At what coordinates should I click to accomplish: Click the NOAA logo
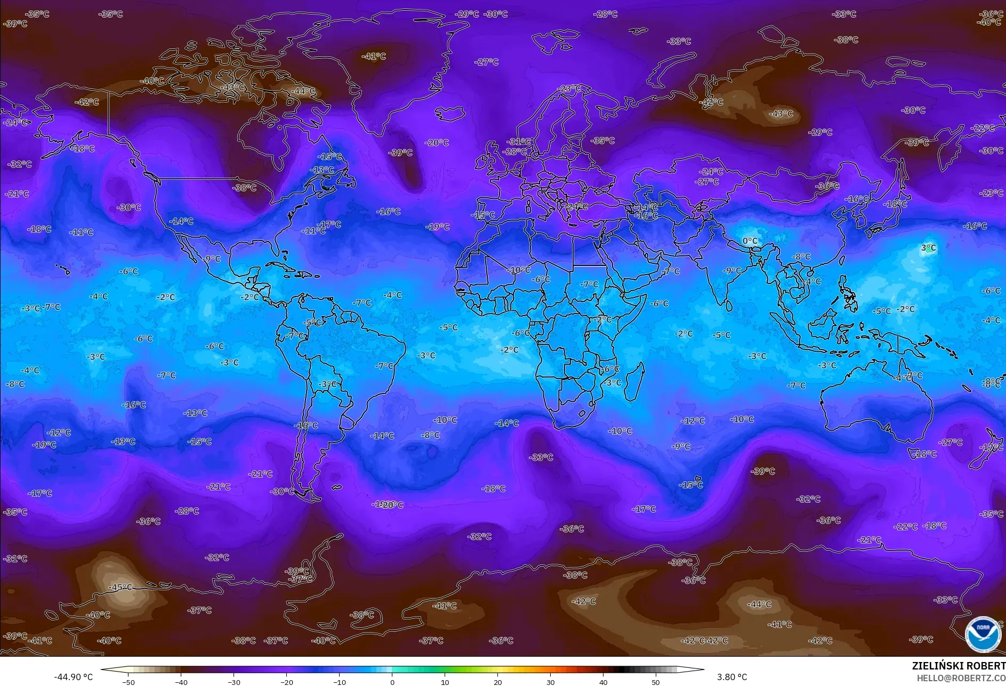983,634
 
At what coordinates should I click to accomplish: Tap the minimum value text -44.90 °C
73,677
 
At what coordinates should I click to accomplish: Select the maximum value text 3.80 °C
731,677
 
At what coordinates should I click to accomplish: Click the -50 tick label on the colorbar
128,682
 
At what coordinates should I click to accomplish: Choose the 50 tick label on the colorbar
655,682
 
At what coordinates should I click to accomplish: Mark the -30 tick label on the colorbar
234,682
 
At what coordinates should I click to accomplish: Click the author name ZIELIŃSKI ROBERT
958,666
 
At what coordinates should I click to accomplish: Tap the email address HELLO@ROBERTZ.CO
961,678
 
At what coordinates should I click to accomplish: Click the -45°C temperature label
120,587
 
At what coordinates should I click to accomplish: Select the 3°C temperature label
928,248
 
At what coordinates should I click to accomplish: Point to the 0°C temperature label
750,241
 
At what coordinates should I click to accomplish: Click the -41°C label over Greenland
373,56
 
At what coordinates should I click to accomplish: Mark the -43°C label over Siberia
781,114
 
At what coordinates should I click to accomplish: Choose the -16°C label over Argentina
307,425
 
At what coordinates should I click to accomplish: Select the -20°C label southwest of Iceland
437,143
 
